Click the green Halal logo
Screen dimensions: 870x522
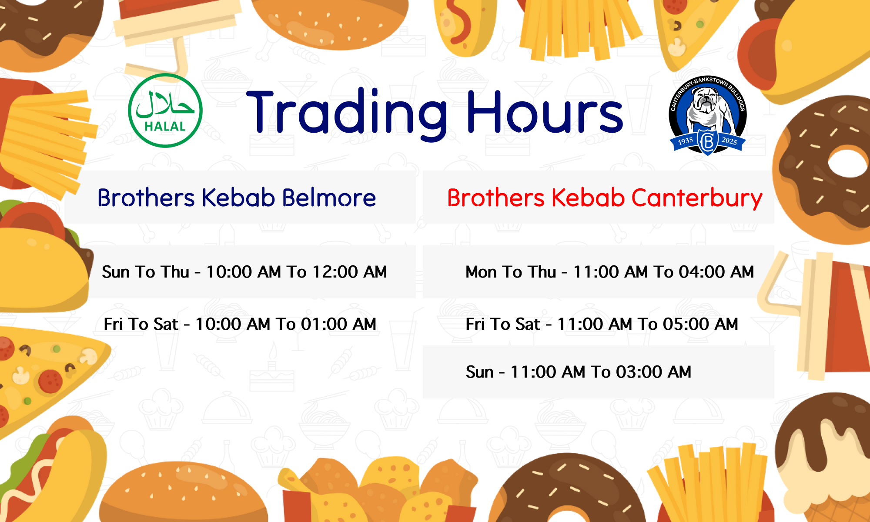[165, 110]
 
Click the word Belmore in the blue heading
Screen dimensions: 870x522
[329, 198]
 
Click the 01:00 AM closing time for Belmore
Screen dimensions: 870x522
[338, 324]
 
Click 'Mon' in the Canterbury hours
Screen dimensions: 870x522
[481, 272]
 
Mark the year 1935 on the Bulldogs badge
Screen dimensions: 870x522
[686, 141]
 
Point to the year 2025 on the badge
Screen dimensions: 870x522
[729, 141]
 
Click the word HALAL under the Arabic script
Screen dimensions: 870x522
[165, 127]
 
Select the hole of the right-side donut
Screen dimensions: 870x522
[848, 163]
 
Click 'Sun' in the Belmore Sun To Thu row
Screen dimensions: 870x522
[116, 272]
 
